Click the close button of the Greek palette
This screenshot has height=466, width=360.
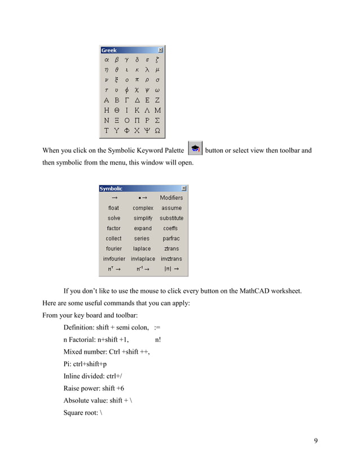(x=161, y=50)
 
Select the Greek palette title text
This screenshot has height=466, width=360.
(x=109, y=50)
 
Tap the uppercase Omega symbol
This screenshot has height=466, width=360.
(x=157, y=130)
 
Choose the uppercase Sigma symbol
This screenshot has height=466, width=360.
(x=157, y=120)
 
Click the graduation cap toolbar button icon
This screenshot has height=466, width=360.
(x=194, y=150)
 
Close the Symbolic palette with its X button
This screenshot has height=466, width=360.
(x=184, y=188)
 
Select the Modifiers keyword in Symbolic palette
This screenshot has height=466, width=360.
(x=172, y=198)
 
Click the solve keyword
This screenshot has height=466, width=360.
(x=114, y=218)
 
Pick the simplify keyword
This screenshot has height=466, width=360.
(x=143, y=218)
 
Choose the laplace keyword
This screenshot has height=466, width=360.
(x=142, y=249)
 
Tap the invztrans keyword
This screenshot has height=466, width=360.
(x=172, y=259)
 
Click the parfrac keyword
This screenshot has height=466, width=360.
(x=171, y=239)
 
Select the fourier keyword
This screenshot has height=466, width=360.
(x=114, y=249)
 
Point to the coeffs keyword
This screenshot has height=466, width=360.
(x=170, y=228)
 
